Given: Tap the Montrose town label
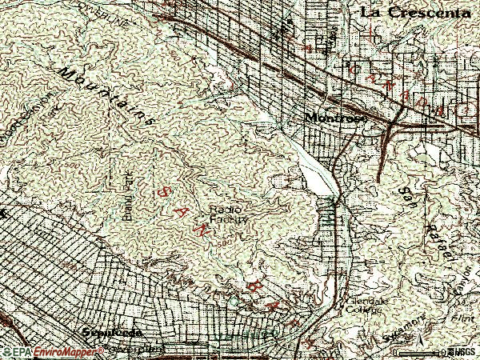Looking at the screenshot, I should click(x=335, y=118).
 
